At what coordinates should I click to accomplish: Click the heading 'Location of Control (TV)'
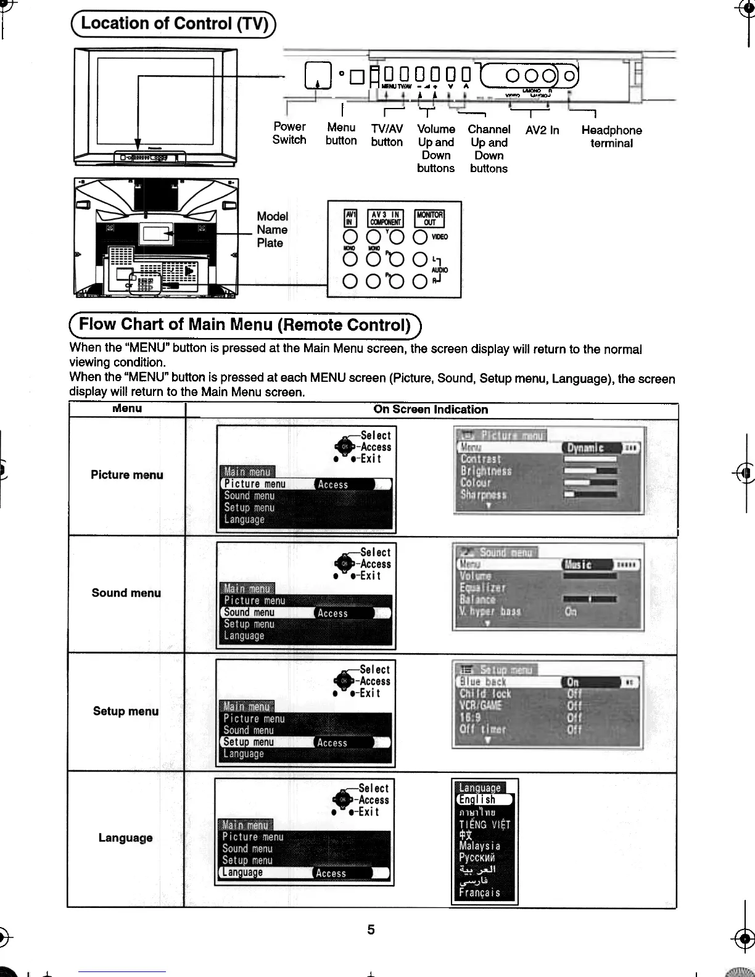(x=174, y=24)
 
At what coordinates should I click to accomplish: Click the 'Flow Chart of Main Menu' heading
(x=245, y=325)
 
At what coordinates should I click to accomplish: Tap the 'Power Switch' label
(x=289, y=133)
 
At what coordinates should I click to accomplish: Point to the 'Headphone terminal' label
(x=611, y=136)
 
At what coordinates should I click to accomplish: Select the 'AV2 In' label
(x=542, y=130)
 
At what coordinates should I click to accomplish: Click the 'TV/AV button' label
(x=387, y=135)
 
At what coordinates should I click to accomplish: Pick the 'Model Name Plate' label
(x=272, y=229)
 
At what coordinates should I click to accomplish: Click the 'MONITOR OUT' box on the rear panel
(x=429, y=218)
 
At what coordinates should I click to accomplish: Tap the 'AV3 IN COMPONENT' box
(x=385, y=218)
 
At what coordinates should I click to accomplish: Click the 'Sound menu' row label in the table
(x=126, y=593)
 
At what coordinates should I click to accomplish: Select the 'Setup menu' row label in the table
(x=126, y=711)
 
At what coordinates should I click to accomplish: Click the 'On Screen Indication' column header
(x=431, y=410)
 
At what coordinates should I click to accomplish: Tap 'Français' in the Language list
(x=479, y=892)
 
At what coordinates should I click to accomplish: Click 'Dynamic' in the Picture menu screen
(x=585, y=448)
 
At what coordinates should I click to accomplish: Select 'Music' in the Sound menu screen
(x=579, y=565)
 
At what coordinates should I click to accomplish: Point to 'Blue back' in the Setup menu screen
(x=483, y=682)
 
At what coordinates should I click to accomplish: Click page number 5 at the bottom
(x=371, y=930)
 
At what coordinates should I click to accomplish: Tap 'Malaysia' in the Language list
(x=479, y=846)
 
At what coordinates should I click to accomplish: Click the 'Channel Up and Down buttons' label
(x=489, y=149)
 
